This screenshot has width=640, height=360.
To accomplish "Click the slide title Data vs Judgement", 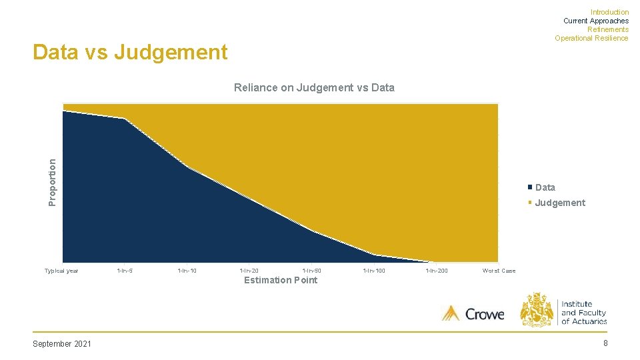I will pos(130,52).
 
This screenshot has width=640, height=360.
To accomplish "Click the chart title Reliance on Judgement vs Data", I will pos(314,87).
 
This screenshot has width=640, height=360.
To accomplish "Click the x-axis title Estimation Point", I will pos(281,280).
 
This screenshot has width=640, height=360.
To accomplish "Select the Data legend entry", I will pos(545,187).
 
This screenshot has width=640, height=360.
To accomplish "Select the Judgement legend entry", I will pos(559,203).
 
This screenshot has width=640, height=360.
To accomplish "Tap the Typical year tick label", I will pos(61,271).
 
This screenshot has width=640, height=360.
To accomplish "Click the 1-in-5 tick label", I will pos(125,271).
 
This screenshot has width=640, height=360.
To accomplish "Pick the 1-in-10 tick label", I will pos(187,271).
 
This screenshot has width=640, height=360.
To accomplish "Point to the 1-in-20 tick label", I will pos(249,271).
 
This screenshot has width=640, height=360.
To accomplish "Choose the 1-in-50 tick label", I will pos(311,271).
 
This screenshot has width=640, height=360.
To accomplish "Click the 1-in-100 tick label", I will pos(374,271).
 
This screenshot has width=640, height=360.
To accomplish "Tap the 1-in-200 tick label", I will pos(437,271).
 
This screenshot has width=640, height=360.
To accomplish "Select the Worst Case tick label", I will pos(499,271).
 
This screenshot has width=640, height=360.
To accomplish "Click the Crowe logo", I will pos(473,313).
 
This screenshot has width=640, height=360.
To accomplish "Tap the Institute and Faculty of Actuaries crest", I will pos(537,309).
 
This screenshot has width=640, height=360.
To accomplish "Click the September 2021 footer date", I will pos(62,343).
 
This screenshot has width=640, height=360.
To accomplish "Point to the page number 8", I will pos(605,343).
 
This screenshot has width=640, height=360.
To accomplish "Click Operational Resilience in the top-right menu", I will pos(591,38).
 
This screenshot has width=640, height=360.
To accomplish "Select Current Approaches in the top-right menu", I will pos(595,21).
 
